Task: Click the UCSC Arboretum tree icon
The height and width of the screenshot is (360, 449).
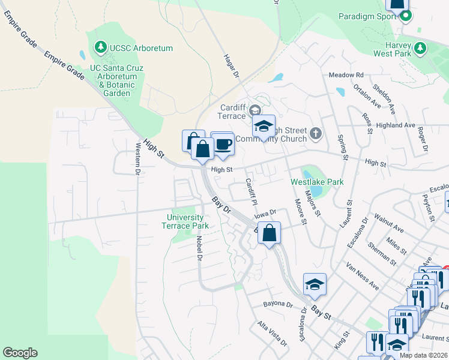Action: coord(101,47)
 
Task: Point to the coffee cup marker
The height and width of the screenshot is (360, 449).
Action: coord(222,145)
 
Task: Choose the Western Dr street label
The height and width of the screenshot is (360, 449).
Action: coord(137,158)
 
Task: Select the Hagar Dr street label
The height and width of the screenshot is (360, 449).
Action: coord(231,65)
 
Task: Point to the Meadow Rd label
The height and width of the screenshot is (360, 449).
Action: coord(346,75)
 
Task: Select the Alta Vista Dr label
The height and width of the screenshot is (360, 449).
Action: coord(272,333)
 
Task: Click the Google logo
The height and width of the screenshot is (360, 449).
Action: coord(20,353)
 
